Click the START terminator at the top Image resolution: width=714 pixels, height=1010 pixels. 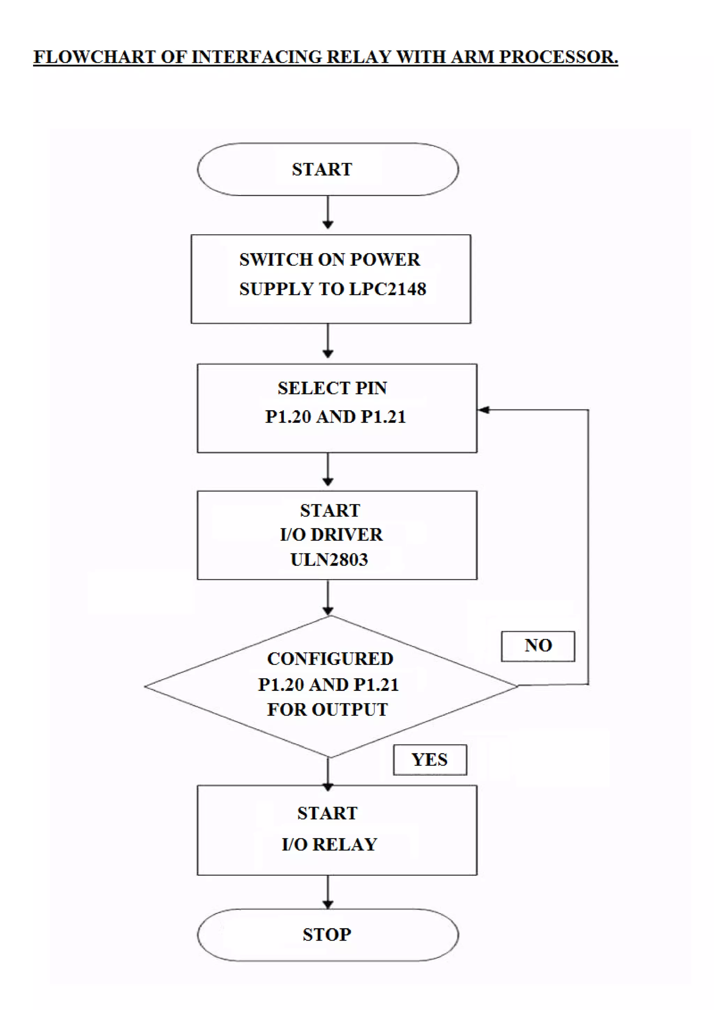pyautogui.click(x=328, y=169)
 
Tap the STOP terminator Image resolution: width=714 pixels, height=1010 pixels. pyautogui.click(x=328, y=934)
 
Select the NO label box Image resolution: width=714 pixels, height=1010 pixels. pyautogui.click(x=538, y=646)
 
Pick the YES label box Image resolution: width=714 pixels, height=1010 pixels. pyautogui.click(x=430, y=760)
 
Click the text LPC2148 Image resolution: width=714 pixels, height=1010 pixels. pyautogui.click(x=387, y=289)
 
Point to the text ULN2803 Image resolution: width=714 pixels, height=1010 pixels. pyautogui.click(x=329, y=559)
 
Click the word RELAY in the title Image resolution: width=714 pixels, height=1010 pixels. pyautogui.click(x=359, y=57)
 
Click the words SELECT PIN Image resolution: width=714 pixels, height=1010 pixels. pyautogui.click(x=332, y=388)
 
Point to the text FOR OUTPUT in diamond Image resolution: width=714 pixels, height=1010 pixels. pyautogui.click(x=328, y=710)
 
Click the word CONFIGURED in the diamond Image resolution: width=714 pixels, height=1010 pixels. pyautogui.click(x=330, y=658)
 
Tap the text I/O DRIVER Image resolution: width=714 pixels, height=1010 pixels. pyautogui.click(x=331, y=535)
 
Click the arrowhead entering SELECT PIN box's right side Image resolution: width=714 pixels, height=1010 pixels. pyautogui.click(x=484, y=410)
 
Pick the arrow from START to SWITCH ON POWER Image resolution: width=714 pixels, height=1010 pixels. pyautogui.click(x=328, y=212)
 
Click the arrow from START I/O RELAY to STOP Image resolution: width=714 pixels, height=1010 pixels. pyautogui.click(x=328, y=892)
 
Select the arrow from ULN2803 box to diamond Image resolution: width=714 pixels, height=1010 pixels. pyautogui.click(x=328, y=597)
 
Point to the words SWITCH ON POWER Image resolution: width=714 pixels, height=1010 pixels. pyautogui.click(x=329, y=259)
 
